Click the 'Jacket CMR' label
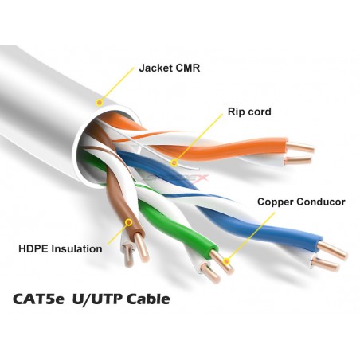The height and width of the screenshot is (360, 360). tap(170, 68)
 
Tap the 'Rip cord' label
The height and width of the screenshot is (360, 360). tap(249, 112)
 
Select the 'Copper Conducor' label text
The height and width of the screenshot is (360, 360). tap(301, 202)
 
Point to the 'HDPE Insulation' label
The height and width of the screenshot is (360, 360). tap(61, 249)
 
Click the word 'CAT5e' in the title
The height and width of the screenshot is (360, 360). tap(39, 299)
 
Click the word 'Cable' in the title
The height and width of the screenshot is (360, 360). tap(148, 299)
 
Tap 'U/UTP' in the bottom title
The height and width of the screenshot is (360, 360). tap(97, 299)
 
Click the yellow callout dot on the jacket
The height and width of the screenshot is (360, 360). tap(100, 102)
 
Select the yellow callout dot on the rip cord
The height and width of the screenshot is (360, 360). tap(174, 162)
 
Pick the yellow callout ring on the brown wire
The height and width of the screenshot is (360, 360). tap(129, 222)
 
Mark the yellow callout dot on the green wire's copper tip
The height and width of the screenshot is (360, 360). tap(226, 262)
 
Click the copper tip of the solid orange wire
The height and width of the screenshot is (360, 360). tap(301, 147)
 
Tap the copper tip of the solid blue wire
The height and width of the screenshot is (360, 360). tap(332, 251)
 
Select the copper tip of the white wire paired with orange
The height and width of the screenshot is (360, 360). tap(297, 160)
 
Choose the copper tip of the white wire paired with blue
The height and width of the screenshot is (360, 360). tap(326, 264)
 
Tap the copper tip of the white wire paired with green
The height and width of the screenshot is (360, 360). tap(210, 273)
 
